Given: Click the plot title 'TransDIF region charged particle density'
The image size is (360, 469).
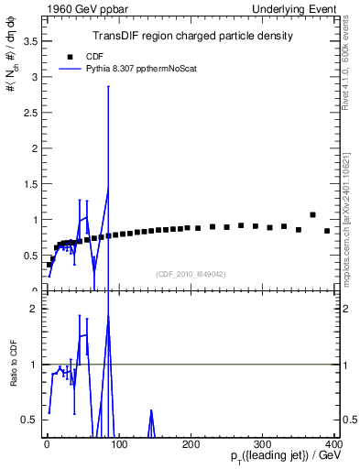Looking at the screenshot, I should click(192, 37).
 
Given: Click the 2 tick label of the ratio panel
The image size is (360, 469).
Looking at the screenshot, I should click(33, 309).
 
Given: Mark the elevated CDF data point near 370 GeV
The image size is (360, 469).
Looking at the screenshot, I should click(312, 215).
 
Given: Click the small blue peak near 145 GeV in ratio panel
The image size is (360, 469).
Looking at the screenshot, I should click(150, 411).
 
